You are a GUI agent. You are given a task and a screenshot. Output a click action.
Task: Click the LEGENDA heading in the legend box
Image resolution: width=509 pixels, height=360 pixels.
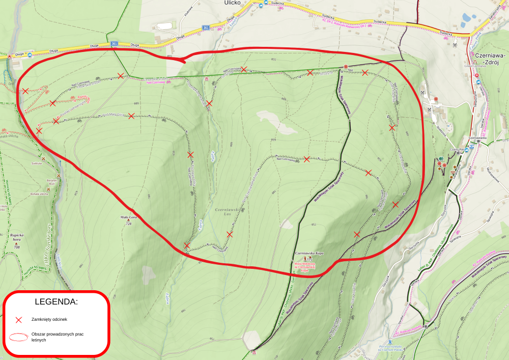pyautogui.click(x=56, y=301)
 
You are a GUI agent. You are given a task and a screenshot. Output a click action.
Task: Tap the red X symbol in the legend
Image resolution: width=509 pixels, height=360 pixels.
pyautogui.click(x=19, y=320)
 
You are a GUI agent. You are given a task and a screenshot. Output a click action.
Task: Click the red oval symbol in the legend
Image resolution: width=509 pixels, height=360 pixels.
pyautogui.click(x=19, y=337)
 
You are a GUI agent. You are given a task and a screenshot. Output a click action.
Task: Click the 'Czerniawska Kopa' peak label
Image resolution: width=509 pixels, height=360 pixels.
pyautogui.click(x=310, y=253)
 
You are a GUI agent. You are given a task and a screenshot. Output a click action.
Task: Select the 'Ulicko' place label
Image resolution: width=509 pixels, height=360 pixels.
pyautogui.click(x=233, y=3)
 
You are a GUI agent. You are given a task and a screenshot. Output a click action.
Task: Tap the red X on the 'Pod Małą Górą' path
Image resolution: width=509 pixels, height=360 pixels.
pyautogui.click(x=131, y=116)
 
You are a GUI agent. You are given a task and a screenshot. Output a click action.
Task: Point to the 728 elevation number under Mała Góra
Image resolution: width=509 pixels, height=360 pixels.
pyautogui.click(x=128, y=225)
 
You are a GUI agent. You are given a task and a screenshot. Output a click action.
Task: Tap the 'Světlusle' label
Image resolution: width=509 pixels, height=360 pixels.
pyautogui.click(x=36, y=163)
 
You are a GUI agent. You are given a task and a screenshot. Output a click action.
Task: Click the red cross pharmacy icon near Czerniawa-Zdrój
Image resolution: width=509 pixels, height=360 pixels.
pyautogui.click(x=477, y=76)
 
